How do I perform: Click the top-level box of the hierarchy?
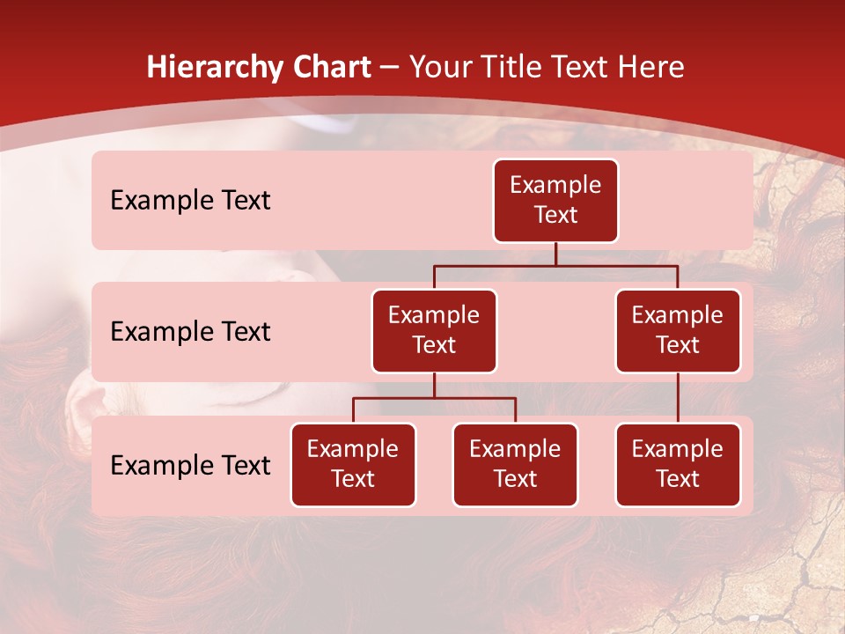pyautogui.click(x=555, y=201)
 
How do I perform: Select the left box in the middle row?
pyautogui.click(x=434, y=331)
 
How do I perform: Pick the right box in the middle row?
pyautogui.click(x=678, y=331)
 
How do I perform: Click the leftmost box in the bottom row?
pyautogui.click(x=353, y=465)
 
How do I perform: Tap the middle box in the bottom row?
pyautogui.click(x=515, y=465)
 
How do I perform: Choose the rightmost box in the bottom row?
pyautogui.click(x=678, y=465)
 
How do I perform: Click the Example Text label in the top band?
pyautogui.click(x=190, y=201)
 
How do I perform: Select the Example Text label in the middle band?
pyautogui.click(x=190, y=332)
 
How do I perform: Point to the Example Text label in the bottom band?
pyautogui.click(x=190, y=466)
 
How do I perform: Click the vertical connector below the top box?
pyautogui.click(x=555, y=254)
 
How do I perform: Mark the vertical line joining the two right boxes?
pyautogui.click(x=678, y=398)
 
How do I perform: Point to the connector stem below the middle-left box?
pyautogui.click(x=434, y=385)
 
